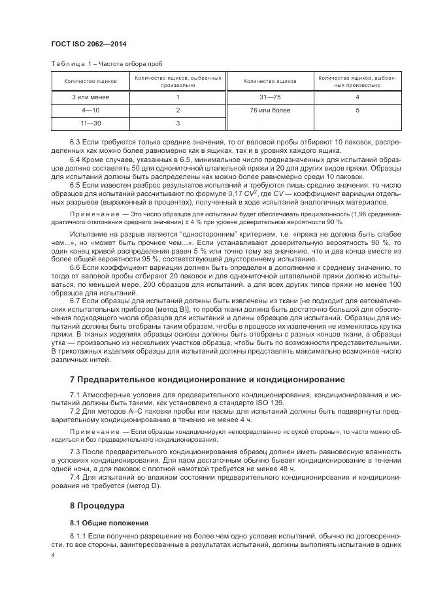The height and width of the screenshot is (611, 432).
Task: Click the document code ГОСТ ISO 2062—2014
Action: coord(88,44)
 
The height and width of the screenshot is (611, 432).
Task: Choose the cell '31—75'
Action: coord(270,97)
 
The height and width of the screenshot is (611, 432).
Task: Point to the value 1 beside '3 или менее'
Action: coord(178,97)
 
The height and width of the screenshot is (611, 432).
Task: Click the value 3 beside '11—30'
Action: coord(178,122)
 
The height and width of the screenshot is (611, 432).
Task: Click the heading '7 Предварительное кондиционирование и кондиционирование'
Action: coord(208,380)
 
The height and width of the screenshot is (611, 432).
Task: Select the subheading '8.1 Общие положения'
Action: coord(109,523)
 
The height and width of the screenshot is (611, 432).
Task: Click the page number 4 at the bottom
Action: coord(53,554)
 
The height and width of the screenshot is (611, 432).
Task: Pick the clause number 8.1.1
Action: coord(78,537)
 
